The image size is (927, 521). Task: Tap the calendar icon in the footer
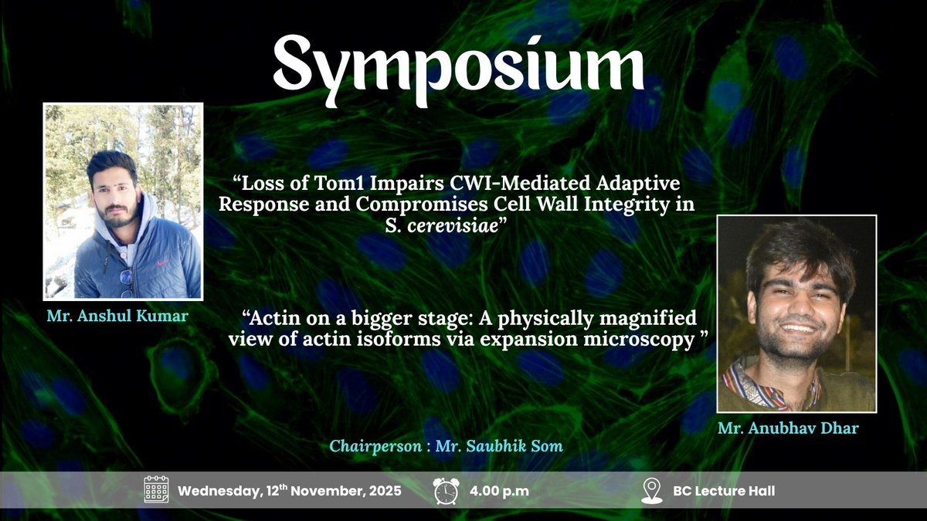tap(156, 490)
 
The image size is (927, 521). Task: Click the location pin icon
tap(651, 490)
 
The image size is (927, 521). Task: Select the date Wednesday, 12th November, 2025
tap(290, 491)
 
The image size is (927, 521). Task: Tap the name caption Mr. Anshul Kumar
tap(122, 315)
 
